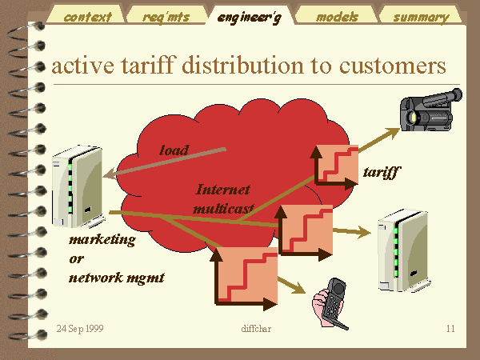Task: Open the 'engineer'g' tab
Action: pyautogui.click(x=249, y=15)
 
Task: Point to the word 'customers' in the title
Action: pyautogui.click(x=393, y=66)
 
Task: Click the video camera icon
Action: pyautogui.click(x=431, y=110)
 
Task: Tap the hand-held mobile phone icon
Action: pyautogui.click(x=330, y=304)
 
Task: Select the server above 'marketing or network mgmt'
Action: pyautogui.click(x=78, y=186)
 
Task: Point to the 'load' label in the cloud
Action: pyautogui.click(x=174, y=150)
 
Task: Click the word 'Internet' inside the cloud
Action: pyautogui.click(x=223, y=190)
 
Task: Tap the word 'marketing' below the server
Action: pyautogui.click(x=102, y=239)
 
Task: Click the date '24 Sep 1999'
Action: pyautogui.click(x=80, y=329)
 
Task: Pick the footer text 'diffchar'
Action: pyautogui.click(x=256, y=329)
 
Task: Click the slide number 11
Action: pyautogui.click(x=450, y=329)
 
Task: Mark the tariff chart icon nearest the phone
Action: pyautogui.click(x=244, y=278)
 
